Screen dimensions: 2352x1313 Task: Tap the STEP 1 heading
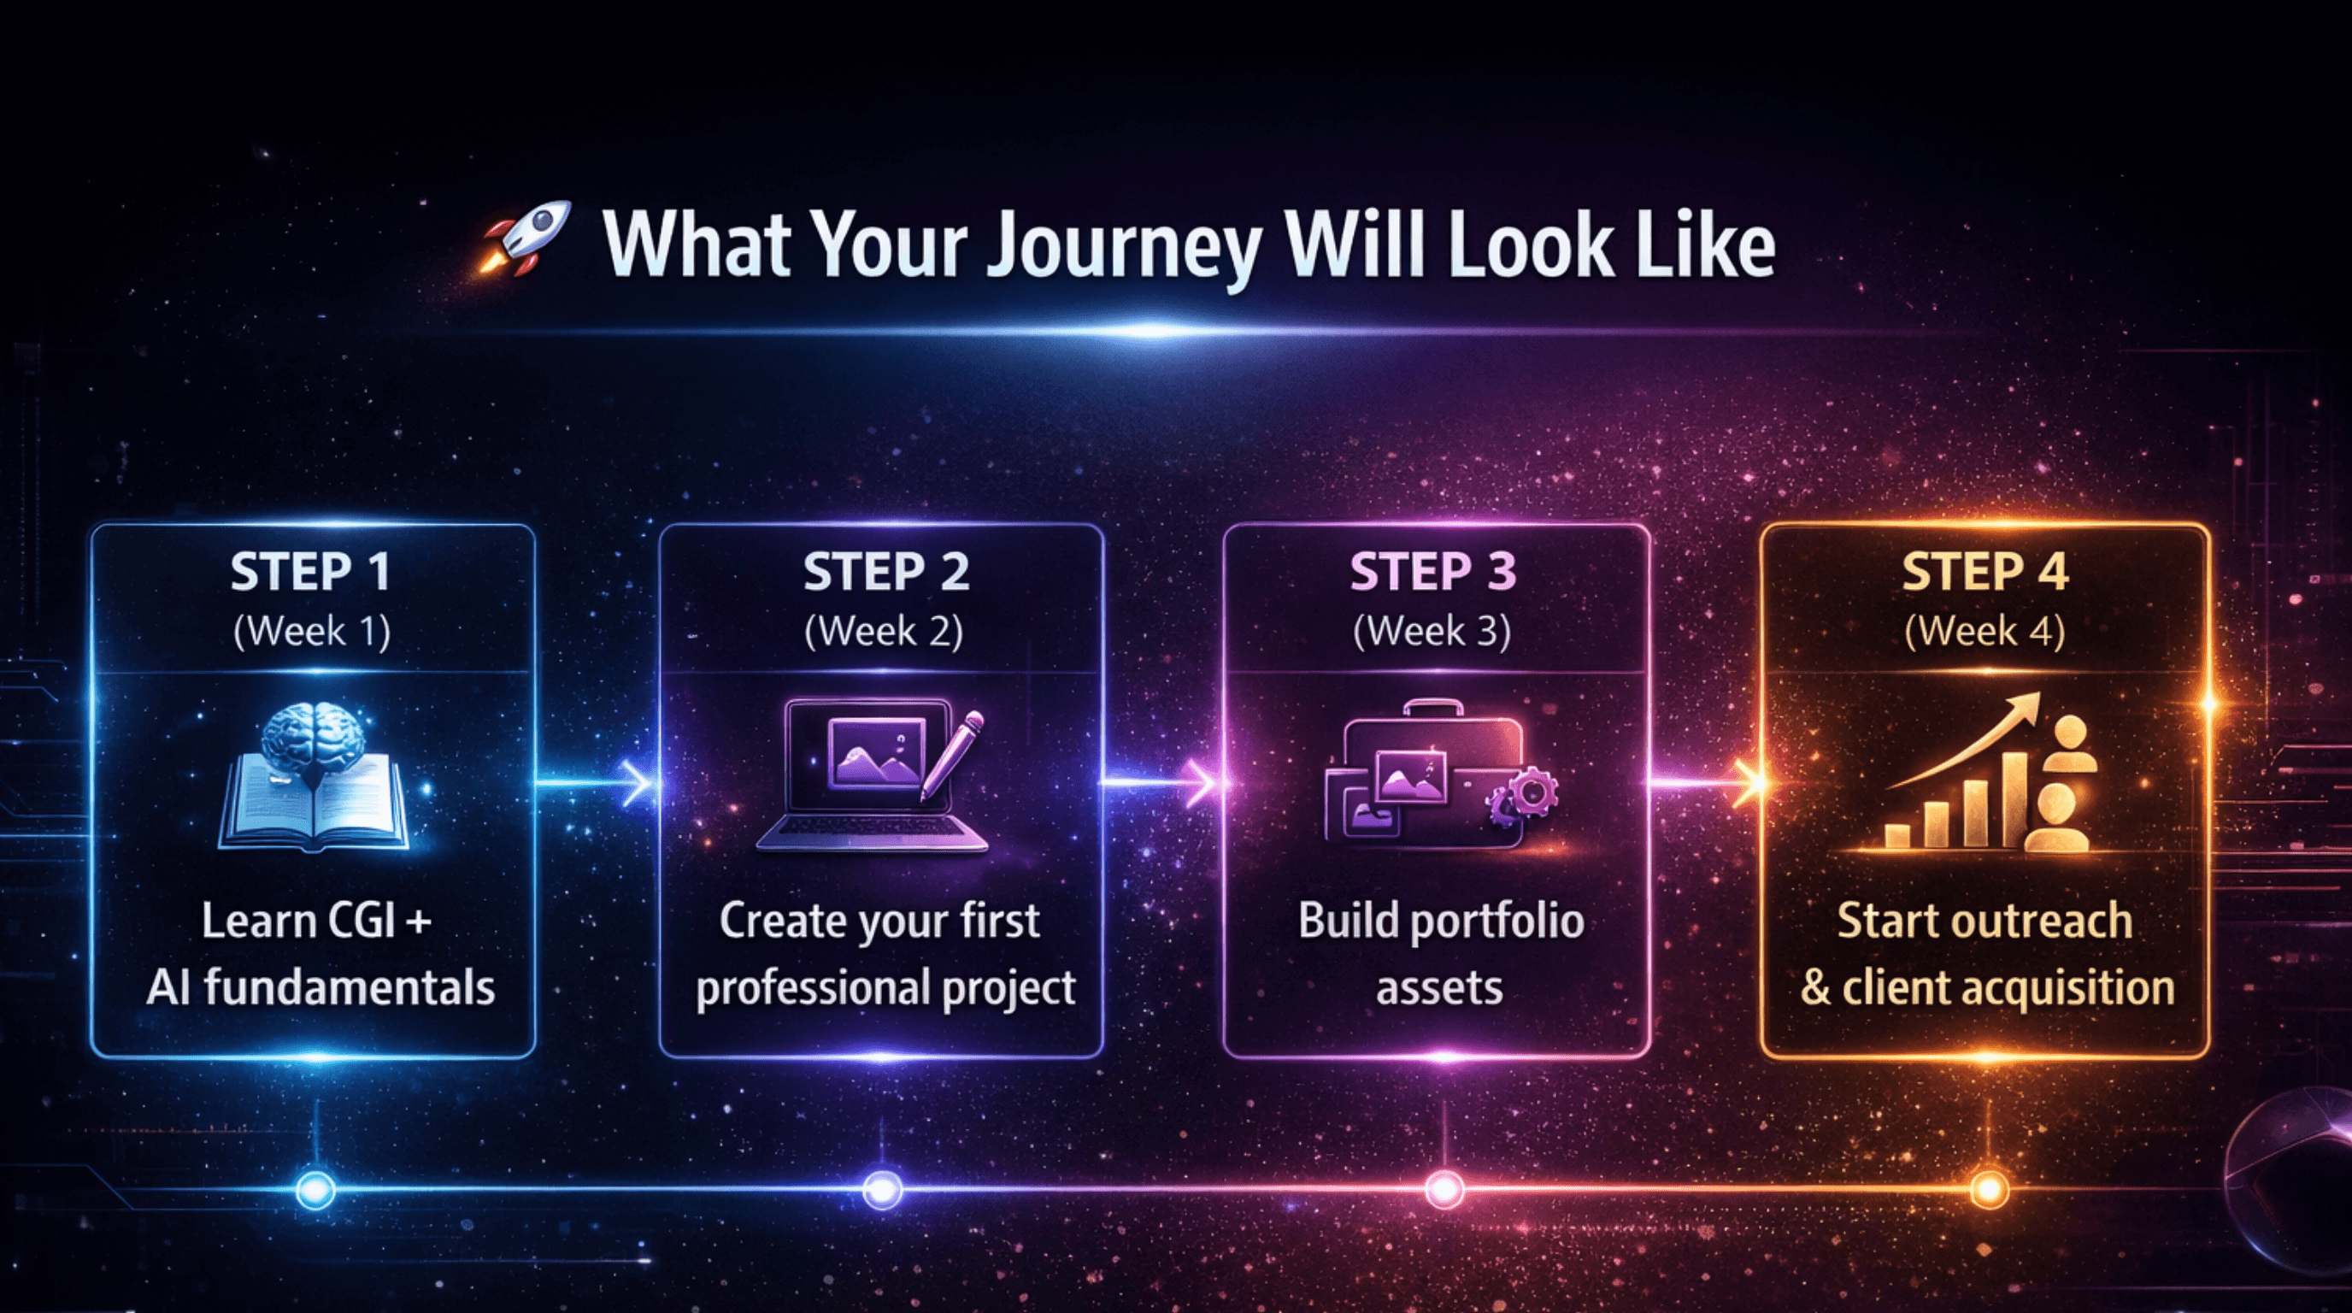(x=311, y=573)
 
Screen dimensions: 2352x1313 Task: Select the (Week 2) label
(x=883, y=632)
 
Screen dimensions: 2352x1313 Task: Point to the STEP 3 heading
(x=1432, y=573)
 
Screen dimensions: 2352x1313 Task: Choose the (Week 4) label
(x=1985, y=632)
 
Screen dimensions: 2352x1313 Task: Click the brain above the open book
(x=311, y=739)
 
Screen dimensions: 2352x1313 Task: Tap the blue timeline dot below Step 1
(x=316, y=1190)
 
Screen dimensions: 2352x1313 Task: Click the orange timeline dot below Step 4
(x=1990, y=1190)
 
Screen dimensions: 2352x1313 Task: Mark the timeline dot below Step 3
(x=1444, y=1190)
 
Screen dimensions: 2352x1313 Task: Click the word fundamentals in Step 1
(x=349, y=987)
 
